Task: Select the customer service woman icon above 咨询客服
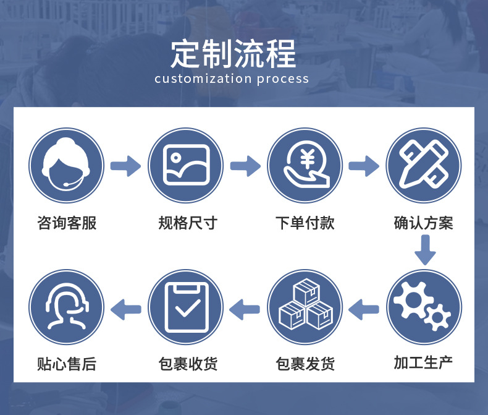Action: click(66, 166)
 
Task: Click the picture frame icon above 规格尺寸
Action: click(185, 166)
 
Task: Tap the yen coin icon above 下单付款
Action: click(305, 166)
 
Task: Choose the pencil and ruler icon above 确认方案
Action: click(424, 166)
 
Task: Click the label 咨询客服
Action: click(66, 223)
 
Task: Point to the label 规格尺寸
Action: click(185, 223)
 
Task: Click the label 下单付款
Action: click(305, 223)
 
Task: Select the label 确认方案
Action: click(424, 223)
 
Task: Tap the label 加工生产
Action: click(424, 362)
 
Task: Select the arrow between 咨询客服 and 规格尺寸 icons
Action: click(125, 166)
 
